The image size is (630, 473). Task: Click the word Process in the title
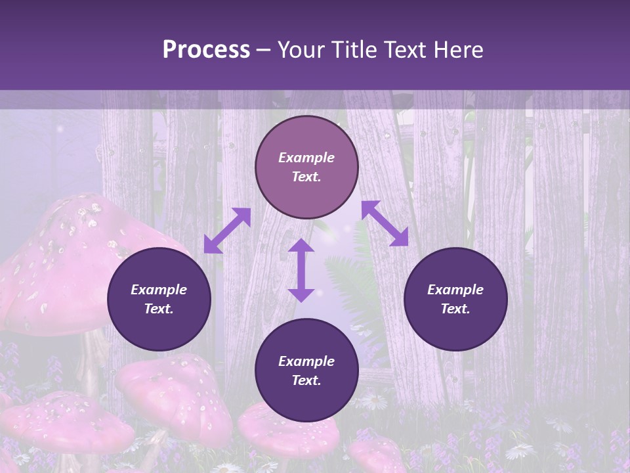tap(206, 50)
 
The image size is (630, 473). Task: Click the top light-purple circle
tap(306, 168)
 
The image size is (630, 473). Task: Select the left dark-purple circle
tap(159, 299)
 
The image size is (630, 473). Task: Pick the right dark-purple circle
tap(455, 299)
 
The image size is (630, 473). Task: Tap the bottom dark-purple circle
tap(306, 371)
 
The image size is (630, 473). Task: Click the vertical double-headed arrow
tap(301, 270)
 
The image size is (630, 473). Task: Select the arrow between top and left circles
tap(227, 231)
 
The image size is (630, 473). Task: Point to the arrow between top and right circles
tap(385, 223)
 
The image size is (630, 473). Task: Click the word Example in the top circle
tap(306, 158)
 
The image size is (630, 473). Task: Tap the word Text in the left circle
tap(159, 309)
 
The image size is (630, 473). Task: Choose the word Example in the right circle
tap(455, 290)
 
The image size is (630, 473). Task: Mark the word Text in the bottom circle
tap(306, 380)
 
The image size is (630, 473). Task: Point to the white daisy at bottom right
tap(520, 451)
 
